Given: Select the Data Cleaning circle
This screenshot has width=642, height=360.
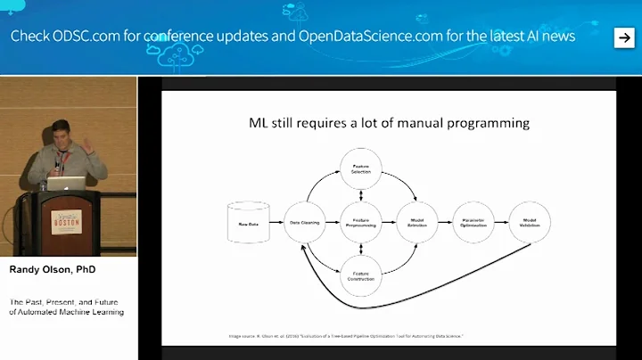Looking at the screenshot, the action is click(305, 225).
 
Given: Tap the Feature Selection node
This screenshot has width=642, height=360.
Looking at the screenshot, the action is click(360, 169).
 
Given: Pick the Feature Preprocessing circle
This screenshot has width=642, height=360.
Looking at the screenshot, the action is click(360, 225).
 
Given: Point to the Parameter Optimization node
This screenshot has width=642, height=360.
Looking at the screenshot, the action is click(473, 225).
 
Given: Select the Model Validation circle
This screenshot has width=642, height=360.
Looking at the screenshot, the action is click(531, 225).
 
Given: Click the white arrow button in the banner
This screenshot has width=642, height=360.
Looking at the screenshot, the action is click(623, 37).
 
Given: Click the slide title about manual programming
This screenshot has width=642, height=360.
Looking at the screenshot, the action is click(388, 123).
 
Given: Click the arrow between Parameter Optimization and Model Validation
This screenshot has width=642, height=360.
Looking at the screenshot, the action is click(501, 225).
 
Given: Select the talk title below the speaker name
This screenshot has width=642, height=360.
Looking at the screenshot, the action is click(67, 307).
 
